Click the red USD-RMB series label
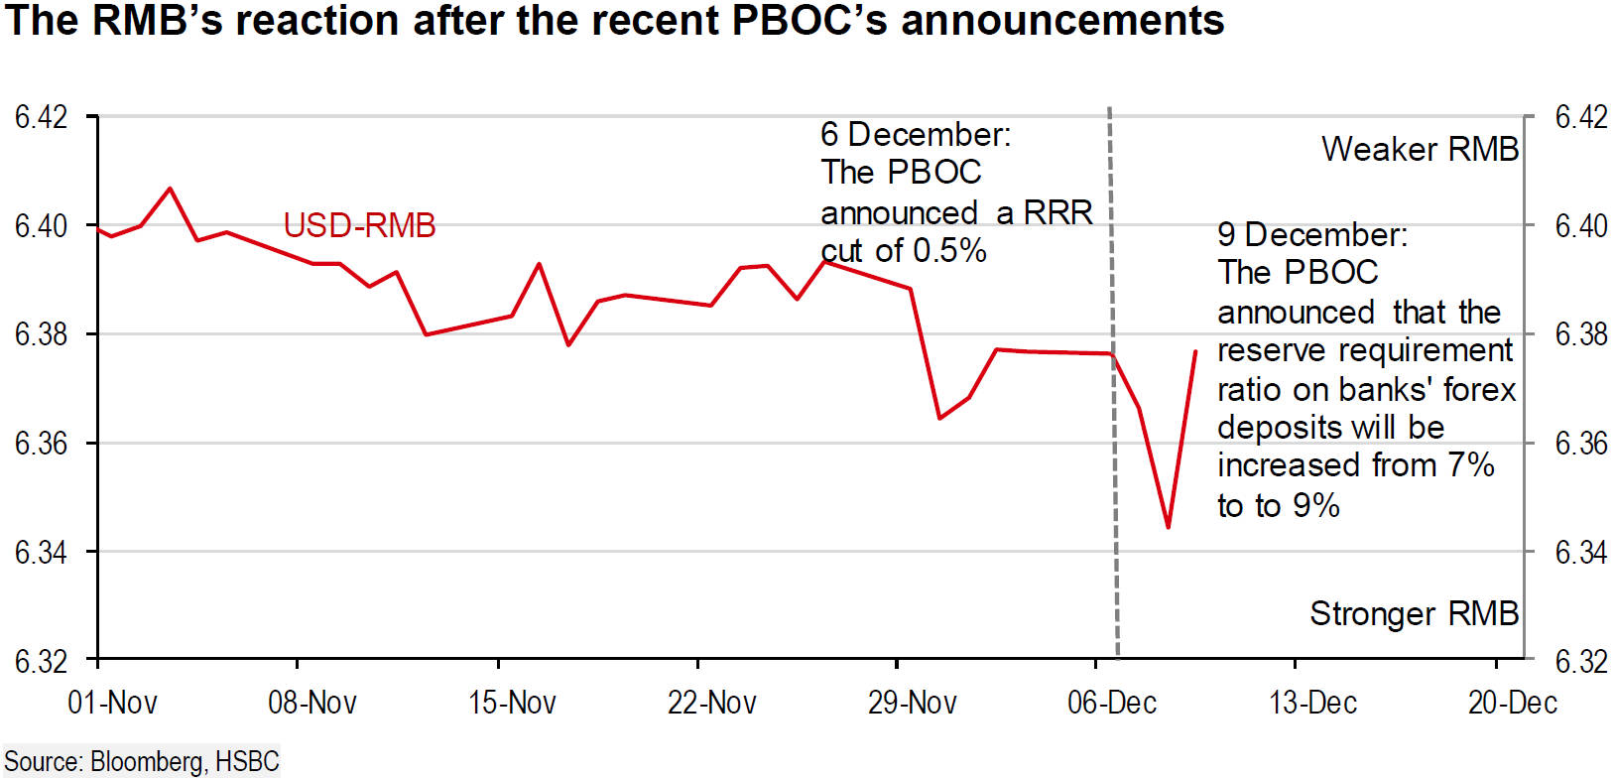click(359, 225)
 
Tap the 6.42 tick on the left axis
click(41, 117)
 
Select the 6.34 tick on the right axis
click(1580, 552)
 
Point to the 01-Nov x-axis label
click(112, 703)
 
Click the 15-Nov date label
click(512, 703)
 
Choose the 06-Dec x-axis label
click(1112, 703)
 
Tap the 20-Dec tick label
click(1513, 703)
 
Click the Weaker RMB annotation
click(1421, 149)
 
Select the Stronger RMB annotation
click(1415, 613)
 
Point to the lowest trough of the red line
click(1168, 528)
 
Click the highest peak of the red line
click(170, 189)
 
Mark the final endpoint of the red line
click(1196, 351)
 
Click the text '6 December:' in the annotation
click(916, 135)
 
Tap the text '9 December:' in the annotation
click(1312, 235)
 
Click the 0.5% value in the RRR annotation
click(949, 250)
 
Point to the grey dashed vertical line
click(1114, 382)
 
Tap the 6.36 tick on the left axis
click(41, 444)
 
